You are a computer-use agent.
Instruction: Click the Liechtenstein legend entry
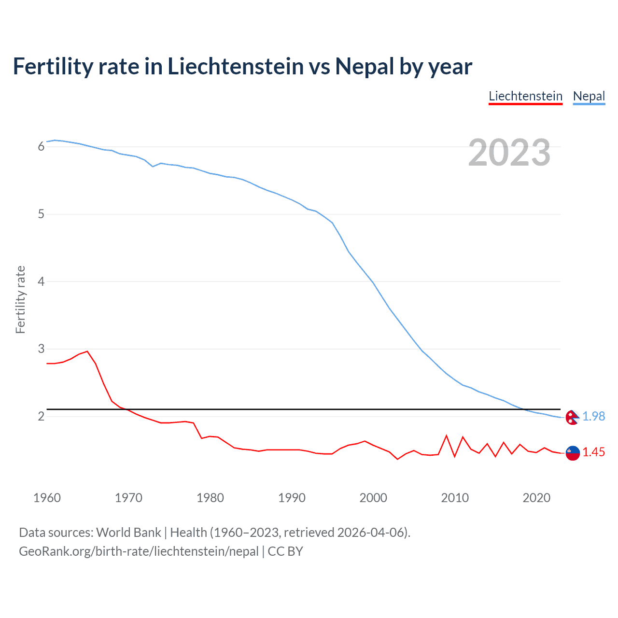point(525,96)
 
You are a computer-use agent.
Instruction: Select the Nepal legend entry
point(589,96)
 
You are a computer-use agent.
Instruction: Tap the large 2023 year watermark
point(509,153)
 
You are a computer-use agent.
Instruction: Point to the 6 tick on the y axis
point(41,146)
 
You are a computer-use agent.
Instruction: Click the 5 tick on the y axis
point(41,214)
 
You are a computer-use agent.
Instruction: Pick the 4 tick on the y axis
point(41,281)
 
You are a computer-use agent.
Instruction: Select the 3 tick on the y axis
point(41,349)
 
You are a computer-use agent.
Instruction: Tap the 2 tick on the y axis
point(41,416)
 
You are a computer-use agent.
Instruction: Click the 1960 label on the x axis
point(47,498)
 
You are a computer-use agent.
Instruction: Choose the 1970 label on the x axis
point(128,498)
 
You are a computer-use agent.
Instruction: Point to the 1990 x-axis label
point(292,498)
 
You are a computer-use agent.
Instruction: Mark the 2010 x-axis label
point(455,498)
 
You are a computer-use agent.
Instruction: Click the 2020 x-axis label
point(536,498)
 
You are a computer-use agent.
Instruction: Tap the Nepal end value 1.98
point(593,416)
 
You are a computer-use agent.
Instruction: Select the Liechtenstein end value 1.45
point(593,452)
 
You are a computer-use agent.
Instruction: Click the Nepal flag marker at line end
point(572,417)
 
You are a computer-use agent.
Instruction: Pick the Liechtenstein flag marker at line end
point(572,453)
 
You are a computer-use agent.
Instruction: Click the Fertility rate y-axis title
point(20,299)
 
